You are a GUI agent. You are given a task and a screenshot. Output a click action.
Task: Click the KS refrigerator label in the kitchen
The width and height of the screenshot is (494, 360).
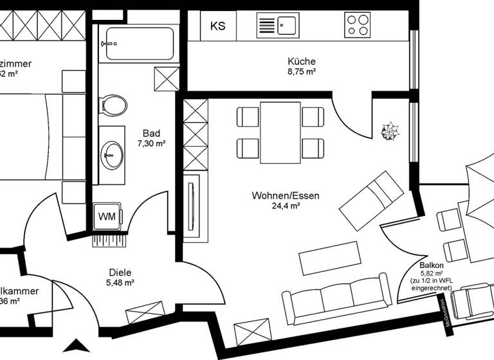(218, 26)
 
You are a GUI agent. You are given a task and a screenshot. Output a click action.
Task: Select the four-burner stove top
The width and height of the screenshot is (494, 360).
(358, 25)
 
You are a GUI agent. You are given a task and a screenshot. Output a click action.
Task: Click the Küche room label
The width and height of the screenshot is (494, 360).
(302, 62)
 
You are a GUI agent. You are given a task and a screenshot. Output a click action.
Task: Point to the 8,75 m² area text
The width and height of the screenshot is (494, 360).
(302, 72)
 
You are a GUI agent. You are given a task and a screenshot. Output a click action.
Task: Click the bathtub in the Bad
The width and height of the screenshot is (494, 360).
(140, 43)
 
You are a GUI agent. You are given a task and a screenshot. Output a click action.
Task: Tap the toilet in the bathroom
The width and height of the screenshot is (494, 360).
(114, 105)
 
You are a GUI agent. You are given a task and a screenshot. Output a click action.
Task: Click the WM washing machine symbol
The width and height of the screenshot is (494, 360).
(107, 216)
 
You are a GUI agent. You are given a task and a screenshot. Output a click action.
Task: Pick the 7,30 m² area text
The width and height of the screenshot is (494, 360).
(151, 144)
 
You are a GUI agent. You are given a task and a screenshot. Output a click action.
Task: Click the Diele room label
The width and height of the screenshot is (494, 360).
(120, 272)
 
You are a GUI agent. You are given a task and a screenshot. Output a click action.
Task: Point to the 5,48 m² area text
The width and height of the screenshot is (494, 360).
(120, 282)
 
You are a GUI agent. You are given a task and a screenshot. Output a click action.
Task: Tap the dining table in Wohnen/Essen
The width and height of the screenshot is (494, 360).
(280, 132)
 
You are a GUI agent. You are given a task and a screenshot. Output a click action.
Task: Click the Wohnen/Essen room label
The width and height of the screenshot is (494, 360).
(286, 196)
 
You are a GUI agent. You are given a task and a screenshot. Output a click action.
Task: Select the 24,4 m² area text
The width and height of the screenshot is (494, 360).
(286, 206)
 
